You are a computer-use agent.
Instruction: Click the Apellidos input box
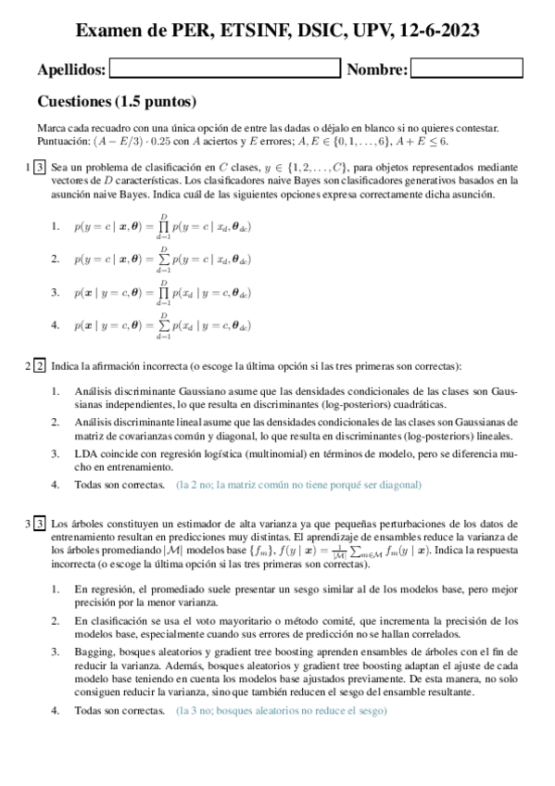coord(224,69)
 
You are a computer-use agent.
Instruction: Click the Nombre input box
coord(466,69)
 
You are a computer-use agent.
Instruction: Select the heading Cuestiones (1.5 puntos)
coord(116,101)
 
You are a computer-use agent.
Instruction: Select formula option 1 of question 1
coord(162,226)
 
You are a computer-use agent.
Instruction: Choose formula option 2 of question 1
coord(162,260)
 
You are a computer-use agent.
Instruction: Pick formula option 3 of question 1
coord(162,292)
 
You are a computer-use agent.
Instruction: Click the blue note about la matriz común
coord(297,484)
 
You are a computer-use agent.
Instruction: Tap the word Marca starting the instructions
coord(52,128)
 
